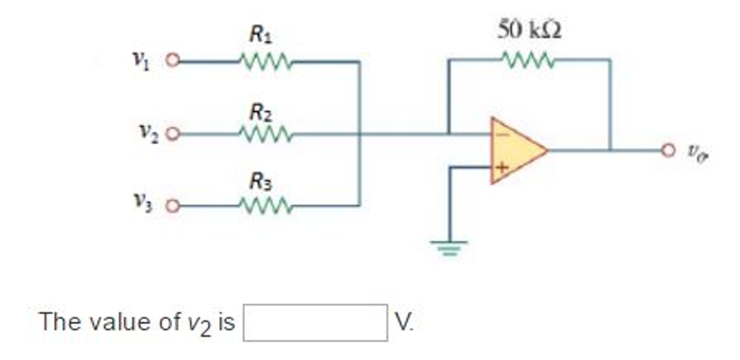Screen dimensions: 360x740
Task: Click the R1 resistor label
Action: pyautogui.click(x=261, y=33)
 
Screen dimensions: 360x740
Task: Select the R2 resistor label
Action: pyautogui.click(x=261, y=112)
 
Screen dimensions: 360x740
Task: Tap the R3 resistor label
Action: pyautogui.click(x=261, y=182)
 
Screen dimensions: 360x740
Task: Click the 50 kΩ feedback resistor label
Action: pyautogui.click(x=530, y=30)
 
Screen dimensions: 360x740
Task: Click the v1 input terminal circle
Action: pyautogui.click(x=172, y=61)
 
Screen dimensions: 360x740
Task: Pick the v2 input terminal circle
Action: pyautogui.click(x=172, y=134)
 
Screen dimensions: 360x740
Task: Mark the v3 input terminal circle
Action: pyautogui.click(x=172, y=207)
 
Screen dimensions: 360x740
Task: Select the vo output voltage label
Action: pyautogui.click(x=695, y=153)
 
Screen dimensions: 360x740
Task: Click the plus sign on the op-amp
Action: pyautogui.click(x=502, y=168)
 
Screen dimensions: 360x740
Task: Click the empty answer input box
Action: pyautogui.click(x=315, y=322)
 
